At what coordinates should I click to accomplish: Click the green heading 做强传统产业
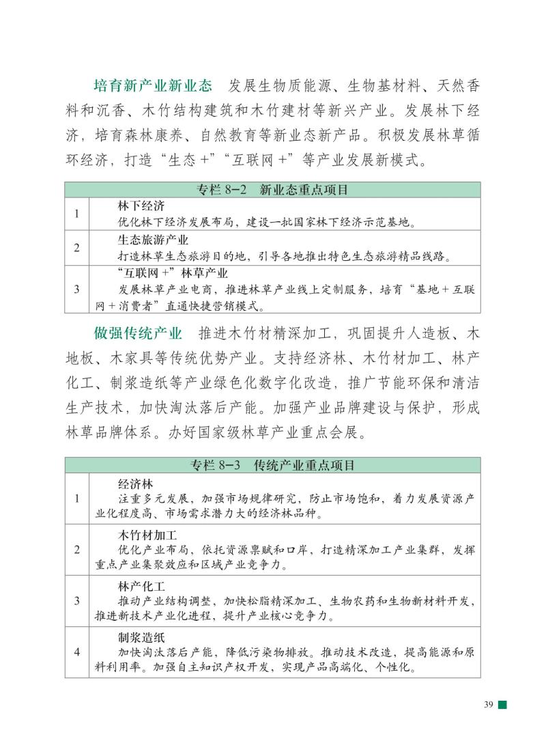click(139, 334)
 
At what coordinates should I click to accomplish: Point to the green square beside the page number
click(502, 705)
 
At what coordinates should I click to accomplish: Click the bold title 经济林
click(136, 483)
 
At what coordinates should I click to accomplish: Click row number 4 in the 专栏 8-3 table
click(77, 652)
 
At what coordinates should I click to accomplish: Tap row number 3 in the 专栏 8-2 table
click(77, 289)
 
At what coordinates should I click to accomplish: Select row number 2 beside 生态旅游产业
click(77, 248)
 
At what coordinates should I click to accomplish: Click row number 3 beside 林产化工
click(77, 601)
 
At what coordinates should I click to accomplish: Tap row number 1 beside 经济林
click(77, 498)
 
